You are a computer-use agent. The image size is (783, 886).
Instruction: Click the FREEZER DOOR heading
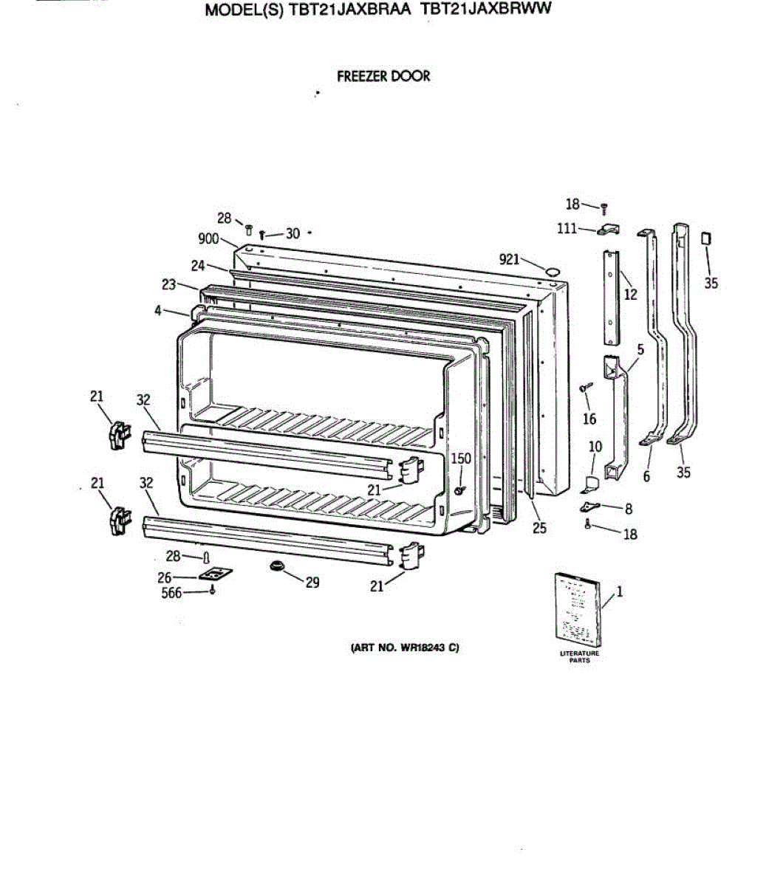click(383, 76)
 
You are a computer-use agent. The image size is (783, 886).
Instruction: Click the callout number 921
click(510, 258)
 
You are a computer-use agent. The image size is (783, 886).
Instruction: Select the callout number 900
click(208, 238)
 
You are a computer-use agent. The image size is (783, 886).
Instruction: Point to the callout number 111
click(567, 229)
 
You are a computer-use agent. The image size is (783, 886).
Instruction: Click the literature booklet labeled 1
click(577, 607)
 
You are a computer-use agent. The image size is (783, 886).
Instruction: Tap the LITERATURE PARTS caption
click(580, 656)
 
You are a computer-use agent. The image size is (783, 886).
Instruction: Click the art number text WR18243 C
click(403, 649)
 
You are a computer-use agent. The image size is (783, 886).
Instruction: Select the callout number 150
click(461, 459)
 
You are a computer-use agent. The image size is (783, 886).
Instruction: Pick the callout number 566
click(171, 593)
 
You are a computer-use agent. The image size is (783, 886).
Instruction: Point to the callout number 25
click(540, 528)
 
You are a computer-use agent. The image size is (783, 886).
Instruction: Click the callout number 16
click(589, 419)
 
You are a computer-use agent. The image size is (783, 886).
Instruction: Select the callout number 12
click(630, 295)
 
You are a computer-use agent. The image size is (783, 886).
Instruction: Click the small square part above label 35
click(705, 238)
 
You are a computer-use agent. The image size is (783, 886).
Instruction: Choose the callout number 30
click(293, 233)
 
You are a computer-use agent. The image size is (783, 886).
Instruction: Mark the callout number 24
click(198, 266)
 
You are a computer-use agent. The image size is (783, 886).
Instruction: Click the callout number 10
click(595, 446)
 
